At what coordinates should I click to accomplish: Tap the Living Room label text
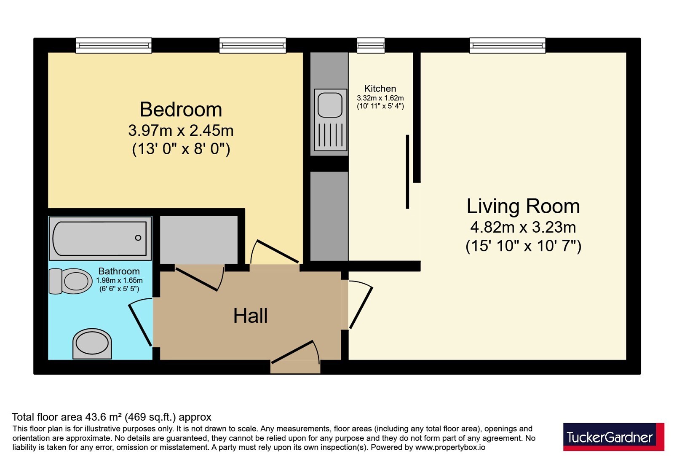tap(523, 206)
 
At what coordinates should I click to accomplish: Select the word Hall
tap(250, 316)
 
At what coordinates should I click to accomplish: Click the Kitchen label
tap(380, 88)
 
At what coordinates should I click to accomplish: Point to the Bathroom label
tap(119, 271)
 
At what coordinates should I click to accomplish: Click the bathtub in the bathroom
tap(100, 239)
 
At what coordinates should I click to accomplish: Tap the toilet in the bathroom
tap(70, 281)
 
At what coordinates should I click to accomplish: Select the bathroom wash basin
tap(92, 344)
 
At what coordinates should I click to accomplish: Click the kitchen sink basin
tap(330, 105)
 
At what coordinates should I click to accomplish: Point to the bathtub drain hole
tap(138, 238)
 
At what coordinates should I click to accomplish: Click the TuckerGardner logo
tap(613, 437)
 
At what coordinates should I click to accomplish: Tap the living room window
tap(507, 46)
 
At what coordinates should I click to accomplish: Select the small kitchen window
tap(371, 46)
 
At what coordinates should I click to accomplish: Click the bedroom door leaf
tap(277, 251)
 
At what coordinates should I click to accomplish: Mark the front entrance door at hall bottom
tap(292, 352)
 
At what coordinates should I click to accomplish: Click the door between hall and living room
tap(361, 308)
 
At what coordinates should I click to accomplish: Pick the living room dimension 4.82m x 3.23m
tap(523, 227)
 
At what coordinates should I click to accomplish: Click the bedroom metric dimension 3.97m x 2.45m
tap(181, 130)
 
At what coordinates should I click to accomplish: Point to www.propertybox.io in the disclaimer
tap(450, 447)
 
